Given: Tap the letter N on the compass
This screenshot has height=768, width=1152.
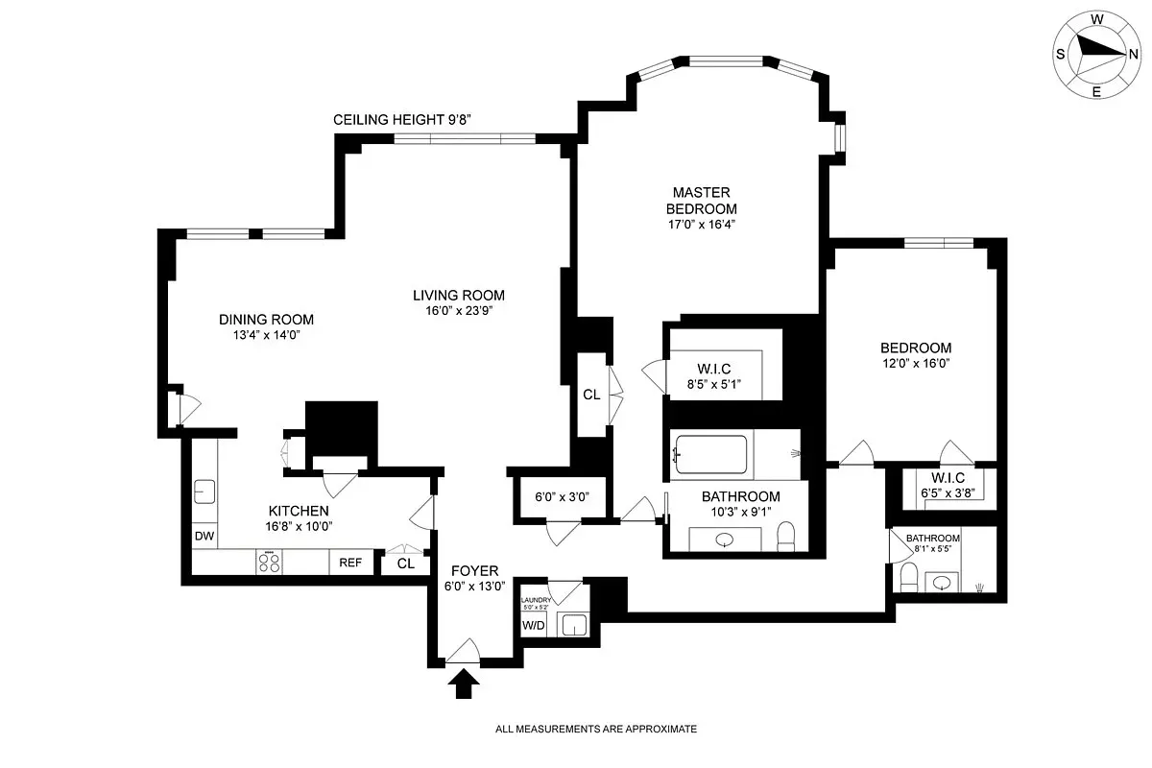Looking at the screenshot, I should pyautogui.click(x=1134, y=53).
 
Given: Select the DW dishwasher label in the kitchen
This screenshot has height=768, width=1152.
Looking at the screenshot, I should pyautogui.click(x=204, y=537).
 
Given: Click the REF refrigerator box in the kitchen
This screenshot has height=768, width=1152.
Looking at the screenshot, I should pyautogui.click(x=350, y=563).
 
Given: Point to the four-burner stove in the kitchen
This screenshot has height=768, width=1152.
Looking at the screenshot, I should pyautogui.click(x=269, y=563).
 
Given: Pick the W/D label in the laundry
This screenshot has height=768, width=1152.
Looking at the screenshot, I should pyautogui.click(x=532, y=626).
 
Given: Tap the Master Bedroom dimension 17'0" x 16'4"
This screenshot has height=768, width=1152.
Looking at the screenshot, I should pyautogui.click(x=704, y=225).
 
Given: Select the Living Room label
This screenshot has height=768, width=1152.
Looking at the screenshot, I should pyautogui.click(x=458, y=295).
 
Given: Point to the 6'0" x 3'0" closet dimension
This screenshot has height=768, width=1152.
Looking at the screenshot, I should pyautogui.click(x=562, y=497).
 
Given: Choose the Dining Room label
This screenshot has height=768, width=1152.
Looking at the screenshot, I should pyautogui.click(x=266, y=320).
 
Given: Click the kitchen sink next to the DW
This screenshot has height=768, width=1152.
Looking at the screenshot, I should pyautogui.click(x=204, y=492).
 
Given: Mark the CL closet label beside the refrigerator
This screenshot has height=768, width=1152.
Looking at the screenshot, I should pyautogui.click(x=405, y=564).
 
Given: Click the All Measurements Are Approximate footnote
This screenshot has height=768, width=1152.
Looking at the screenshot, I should pyautogui.click(x=595, y=730).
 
